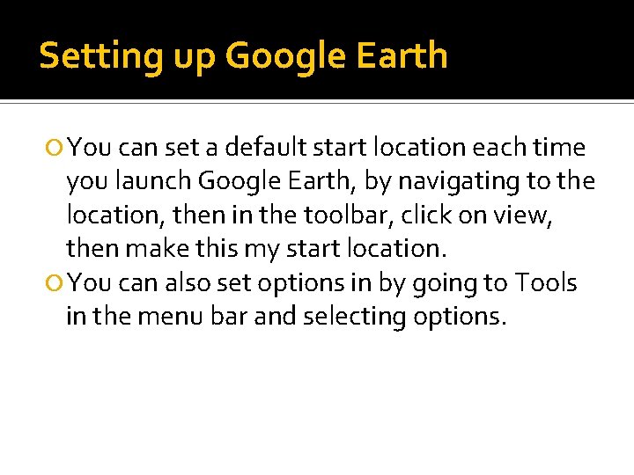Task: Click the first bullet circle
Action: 55,148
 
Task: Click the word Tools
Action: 546,283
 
